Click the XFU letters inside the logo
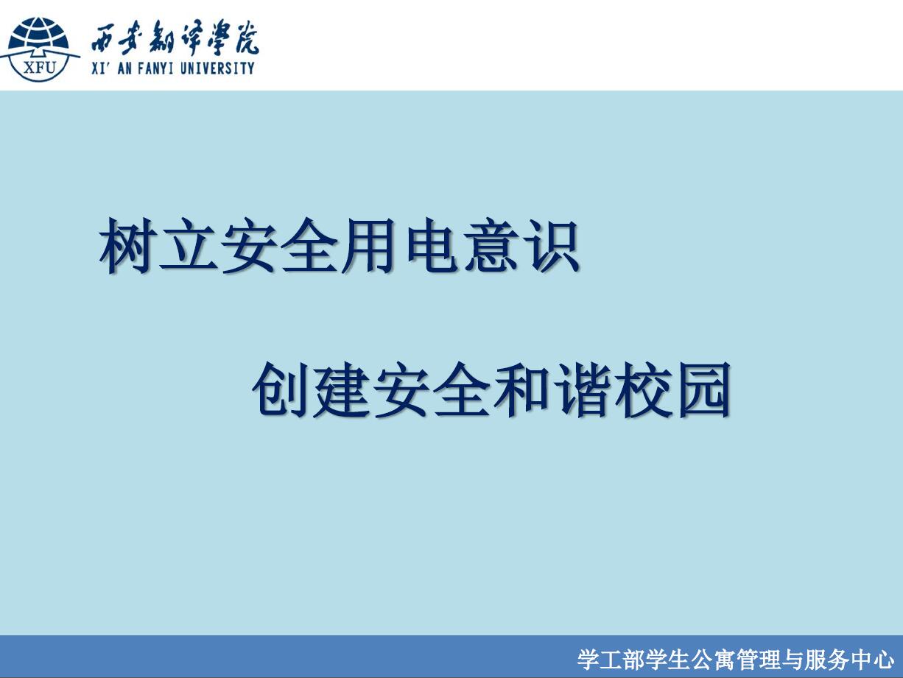pos(40,66)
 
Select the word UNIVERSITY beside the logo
pos(217,68)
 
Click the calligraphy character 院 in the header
pos(247,38)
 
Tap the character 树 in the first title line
pos(126,245)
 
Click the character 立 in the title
pos(188,245)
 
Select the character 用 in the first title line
pos(367,245)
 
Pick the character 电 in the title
pos(432,245)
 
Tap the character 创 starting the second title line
pos(280,389)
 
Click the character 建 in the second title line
pos(340,389)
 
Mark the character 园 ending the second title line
pos(704,389)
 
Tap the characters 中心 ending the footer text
pos(873,660)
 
